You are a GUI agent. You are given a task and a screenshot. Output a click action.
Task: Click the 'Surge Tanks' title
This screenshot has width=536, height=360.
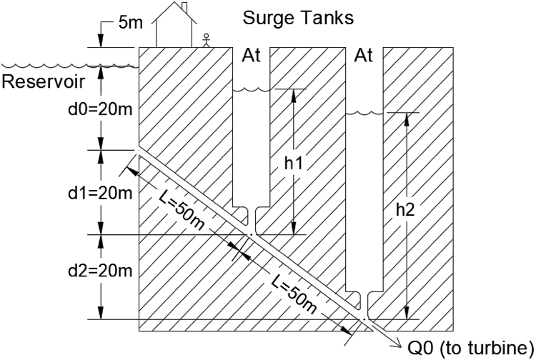(298, 18)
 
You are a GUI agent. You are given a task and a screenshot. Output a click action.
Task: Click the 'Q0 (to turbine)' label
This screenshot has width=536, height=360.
(471, 348)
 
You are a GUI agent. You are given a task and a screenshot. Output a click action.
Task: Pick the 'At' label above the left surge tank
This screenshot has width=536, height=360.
(252, 56)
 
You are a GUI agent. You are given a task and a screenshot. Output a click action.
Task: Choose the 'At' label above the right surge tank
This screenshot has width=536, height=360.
(364, 56)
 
